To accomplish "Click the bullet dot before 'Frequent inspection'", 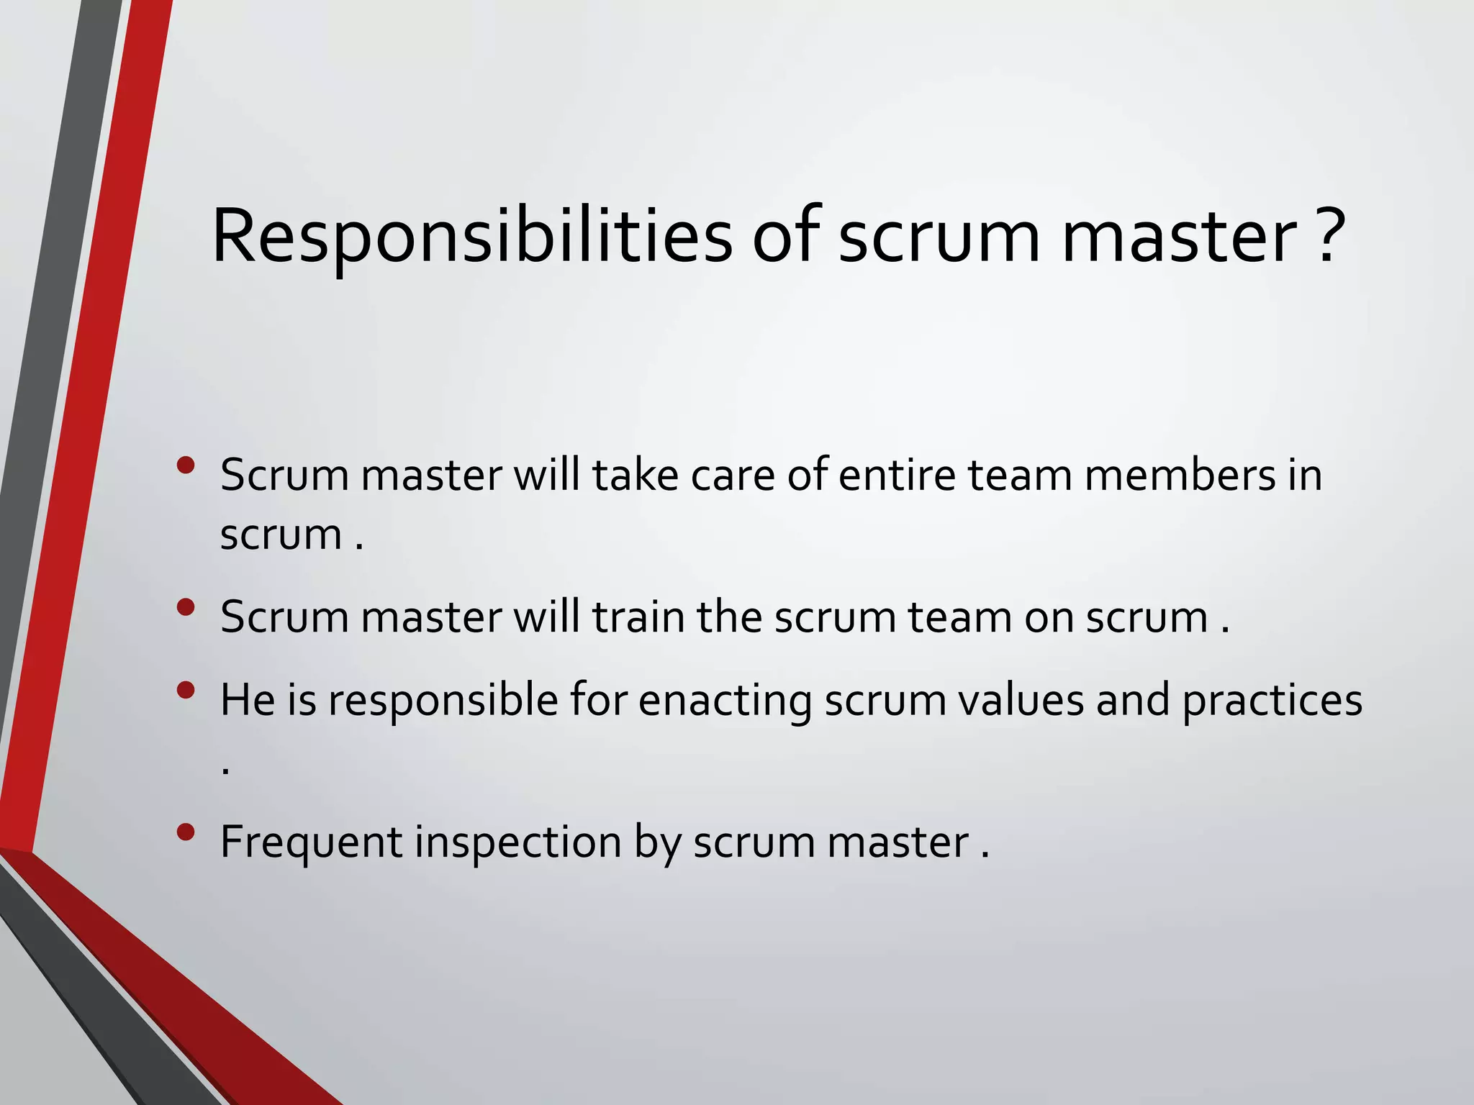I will [185, 832].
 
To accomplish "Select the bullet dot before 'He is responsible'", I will [185, 691].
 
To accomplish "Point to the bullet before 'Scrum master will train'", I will [185, 607].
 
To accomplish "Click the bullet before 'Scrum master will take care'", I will [185, 465].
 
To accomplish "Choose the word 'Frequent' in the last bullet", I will [311, 842].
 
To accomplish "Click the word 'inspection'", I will [517, 842].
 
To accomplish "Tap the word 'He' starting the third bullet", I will [248, 699].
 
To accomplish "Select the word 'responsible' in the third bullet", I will [443, 701].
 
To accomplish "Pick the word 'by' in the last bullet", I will [657, 842].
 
